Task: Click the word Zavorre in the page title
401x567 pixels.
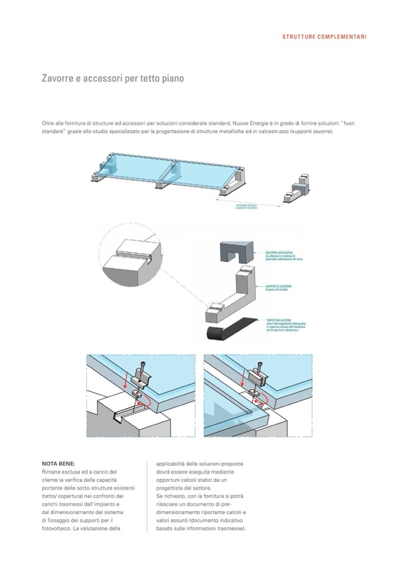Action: pos(57,78)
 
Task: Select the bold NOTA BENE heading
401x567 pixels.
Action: pos(59,464)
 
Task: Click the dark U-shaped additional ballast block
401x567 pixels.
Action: pos(234,252)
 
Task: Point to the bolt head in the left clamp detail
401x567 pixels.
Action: pos(141,367)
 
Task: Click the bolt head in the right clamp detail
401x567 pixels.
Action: pos(258,367)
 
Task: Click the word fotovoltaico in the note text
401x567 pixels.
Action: pos(57,528)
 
